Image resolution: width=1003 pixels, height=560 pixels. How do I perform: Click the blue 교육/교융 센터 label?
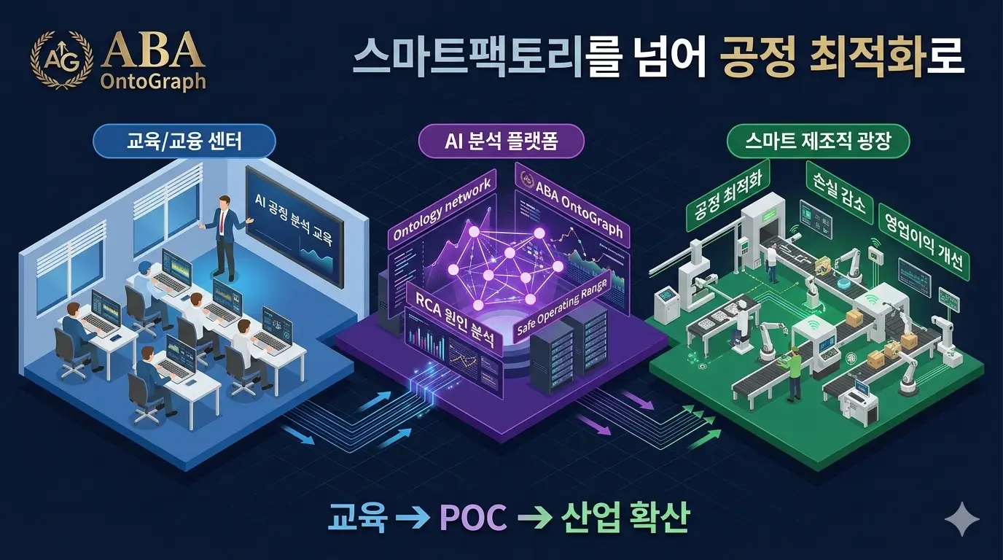(x=183, y=141)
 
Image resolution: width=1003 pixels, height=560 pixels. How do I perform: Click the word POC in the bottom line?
(x=474, y=517)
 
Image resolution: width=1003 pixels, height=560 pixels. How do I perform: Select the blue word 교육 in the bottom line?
(x=356, y=517)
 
